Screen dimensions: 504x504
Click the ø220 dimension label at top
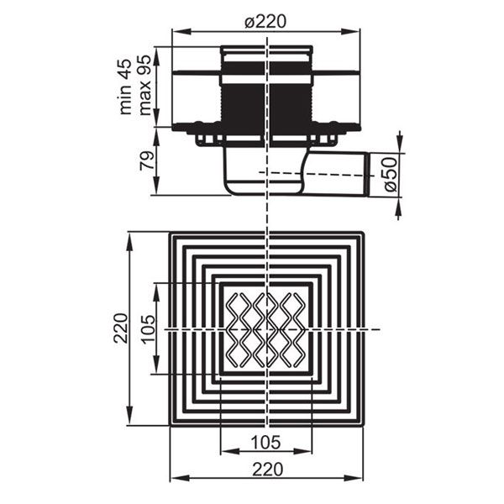click(265, 22)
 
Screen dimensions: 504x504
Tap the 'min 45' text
click(125, 87)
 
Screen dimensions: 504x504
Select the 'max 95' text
click(144, 85)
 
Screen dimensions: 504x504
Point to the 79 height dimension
click(146, 160)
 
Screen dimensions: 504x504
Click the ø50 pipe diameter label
click(391, 175)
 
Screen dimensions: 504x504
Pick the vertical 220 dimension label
click(122, 328)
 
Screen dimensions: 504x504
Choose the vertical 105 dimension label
click(148, 329)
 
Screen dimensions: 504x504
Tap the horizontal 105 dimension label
click(266, 443)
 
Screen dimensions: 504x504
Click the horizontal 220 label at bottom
click(267, 470)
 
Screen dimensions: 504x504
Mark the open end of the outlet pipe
click(367, 174)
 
